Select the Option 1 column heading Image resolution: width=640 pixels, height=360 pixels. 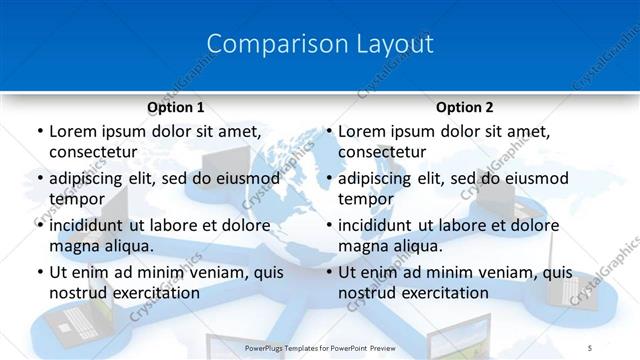pyautogui.click(x=175, y=107)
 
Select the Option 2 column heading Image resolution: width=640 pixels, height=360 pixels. pyautogui.click(x=465, y=107)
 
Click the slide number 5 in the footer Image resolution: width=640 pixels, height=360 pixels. pyautogui.click(x=590, y=347)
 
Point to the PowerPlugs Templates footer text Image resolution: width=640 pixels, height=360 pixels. pyautogui.click(x=321, y=347)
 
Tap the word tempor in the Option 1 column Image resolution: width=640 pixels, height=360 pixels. pyautogui.click(x=75, y=199)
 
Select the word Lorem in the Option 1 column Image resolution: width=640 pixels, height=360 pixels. pyautogui.click(x=72, y=131)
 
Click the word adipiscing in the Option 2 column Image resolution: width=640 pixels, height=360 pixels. pyautogui.click(x=382, y=178)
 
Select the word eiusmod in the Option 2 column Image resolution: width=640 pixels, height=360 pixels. pyautogui.click(x=536, y=178)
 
